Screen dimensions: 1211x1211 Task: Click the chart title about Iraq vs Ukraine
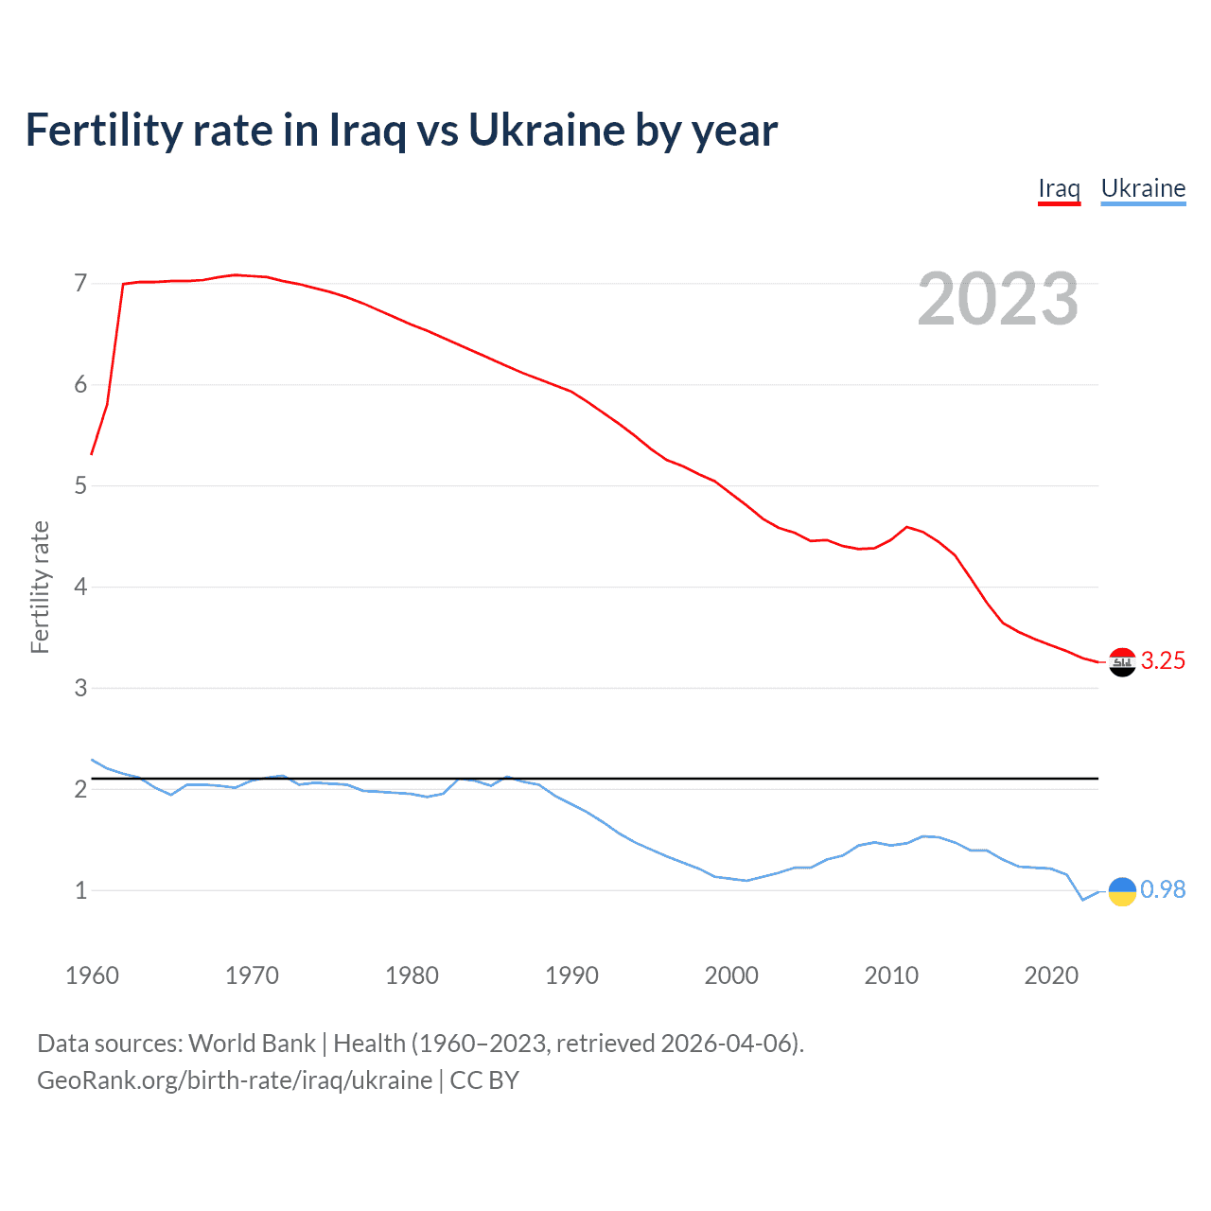(x=401, y=131)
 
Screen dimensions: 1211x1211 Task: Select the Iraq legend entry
(x=1059, y=188)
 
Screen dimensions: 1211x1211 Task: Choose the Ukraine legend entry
(x=1143, y=188)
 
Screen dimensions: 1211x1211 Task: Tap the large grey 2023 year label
(x=997, y=299)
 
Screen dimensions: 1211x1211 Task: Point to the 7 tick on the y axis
(x=80, y=284)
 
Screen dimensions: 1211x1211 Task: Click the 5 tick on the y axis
(x=80, y=486)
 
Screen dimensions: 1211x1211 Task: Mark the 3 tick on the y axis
(x=80, y=688)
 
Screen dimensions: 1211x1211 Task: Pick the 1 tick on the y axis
(x=80, y=890)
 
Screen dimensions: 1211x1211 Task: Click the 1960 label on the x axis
(x=92, y=975)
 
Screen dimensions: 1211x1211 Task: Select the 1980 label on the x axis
(x=412, y=975)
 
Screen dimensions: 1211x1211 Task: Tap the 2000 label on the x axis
(x=731, y=975)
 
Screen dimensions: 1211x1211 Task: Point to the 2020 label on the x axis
(x=1051, y=975)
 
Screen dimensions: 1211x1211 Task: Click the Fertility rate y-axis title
(x=40, y=587)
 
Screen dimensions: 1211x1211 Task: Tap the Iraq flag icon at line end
(x=1122, y=662)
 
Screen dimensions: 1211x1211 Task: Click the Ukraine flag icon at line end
(x=1122, y=891)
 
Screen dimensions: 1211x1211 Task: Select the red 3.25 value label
(x=1163, y=661)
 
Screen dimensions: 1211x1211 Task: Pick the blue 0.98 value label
(x=1163, y=890)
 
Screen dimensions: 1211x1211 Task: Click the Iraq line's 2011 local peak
(x=907, y=527)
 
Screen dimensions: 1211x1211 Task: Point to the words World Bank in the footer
(x=252, y=1044)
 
